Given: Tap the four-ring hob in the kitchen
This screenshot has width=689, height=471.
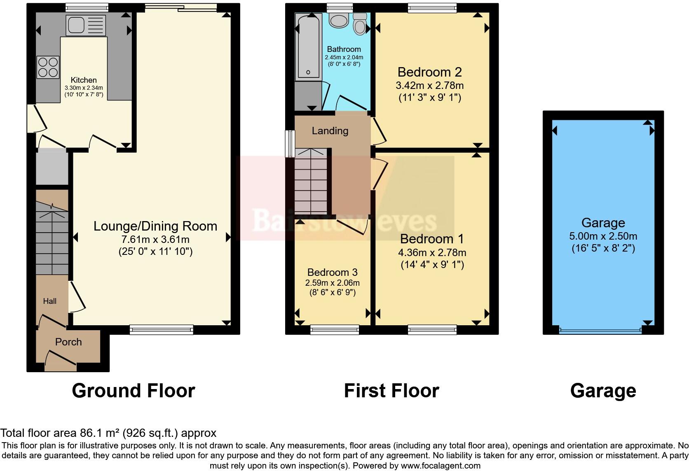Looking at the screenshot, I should (48, 67).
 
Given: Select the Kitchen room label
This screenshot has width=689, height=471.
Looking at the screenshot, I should (84, 80).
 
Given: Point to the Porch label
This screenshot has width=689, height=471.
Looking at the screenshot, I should (68, 342).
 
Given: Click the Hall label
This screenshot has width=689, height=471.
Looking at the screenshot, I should (50, 301).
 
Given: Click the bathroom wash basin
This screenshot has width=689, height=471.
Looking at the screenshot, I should (339, 19).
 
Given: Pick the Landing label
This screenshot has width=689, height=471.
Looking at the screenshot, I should (330, 131).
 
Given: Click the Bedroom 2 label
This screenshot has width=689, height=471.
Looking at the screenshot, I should (429, 72).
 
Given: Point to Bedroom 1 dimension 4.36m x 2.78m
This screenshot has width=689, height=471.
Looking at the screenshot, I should (432, 252).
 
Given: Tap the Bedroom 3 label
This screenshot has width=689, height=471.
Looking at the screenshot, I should (332, 272).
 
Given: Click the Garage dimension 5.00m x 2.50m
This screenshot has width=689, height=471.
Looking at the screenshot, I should (603, 236).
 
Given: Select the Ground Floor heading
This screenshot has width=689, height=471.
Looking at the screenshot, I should (133, 390).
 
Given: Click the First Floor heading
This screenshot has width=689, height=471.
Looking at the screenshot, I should (391, 390).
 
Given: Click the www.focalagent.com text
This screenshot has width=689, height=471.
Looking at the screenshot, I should (441, 466).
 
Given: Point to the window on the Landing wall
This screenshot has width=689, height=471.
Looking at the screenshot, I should (291, 144).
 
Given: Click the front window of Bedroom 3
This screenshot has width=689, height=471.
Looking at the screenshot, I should (334, 329).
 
